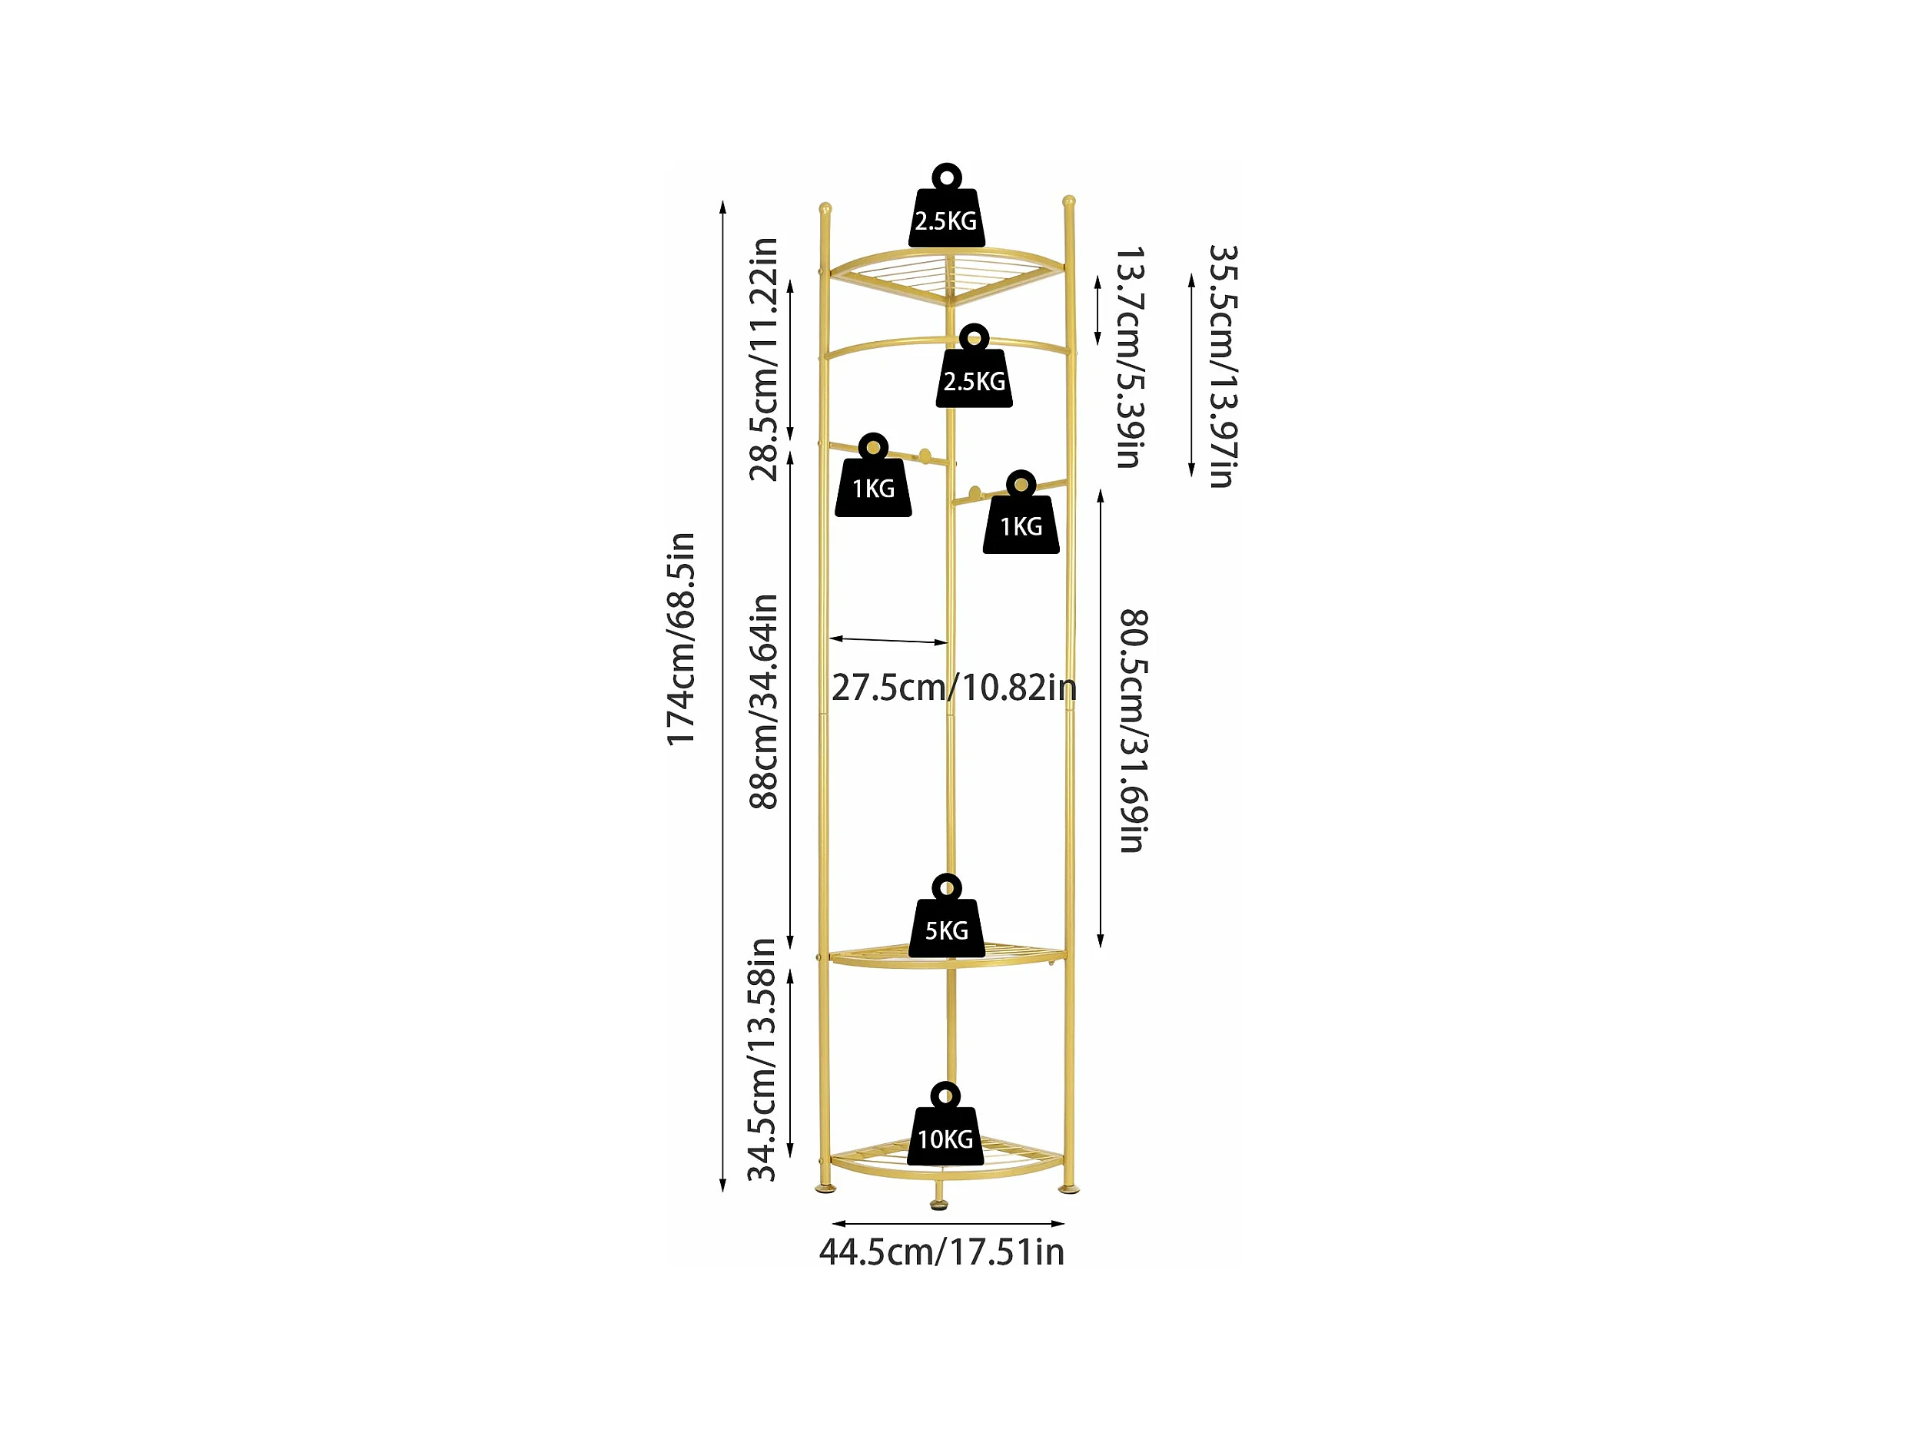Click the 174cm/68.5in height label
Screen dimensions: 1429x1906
coord(681,639)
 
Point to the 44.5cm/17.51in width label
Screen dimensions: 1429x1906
coord(941,1252)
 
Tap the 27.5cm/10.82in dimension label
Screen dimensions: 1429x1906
coord(954,688)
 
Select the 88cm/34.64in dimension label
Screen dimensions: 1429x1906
coord(763,701)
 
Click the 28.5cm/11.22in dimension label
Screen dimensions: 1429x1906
coord(763,360)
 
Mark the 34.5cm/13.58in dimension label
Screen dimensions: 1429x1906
coord(762,1060)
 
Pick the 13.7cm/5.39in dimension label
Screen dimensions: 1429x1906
coord(1131,357)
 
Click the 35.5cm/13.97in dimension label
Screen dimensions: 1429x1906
coord(1223,366)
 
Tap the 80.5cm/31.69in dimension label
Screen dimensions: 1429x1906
coord(1133,731)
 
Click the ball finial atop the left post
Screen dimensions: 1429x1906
coord(825,208)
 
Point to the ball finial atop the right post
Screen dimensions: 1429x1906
coord(1068,201)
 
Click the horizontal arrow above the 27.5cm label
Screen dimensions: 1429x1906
coord(888,640)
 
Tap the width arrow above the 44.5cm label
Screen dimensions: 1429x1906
coord(948,1223)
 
